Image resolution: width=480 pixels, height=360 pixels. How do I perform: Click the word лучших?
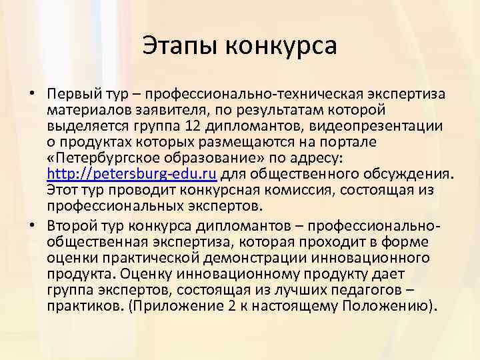point(291,291)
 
